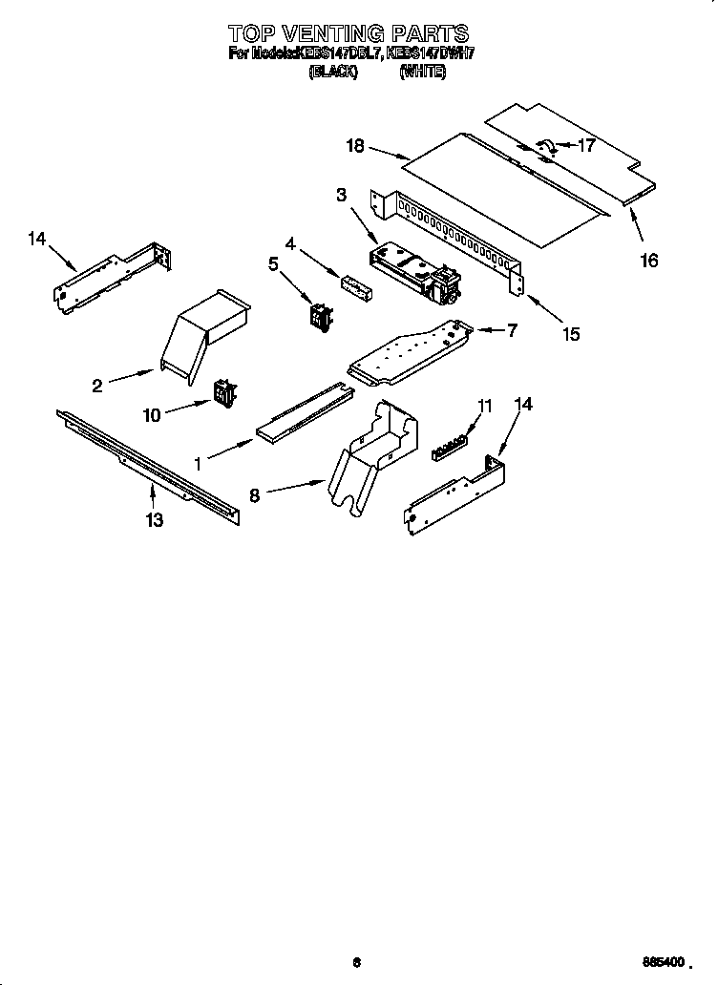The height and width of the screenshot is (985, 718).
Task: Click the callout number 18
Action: pyautogui.click(x=354, y=146)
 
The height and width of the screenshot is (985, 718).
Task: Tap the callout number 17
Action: pyautogui.click(x=586, y=146)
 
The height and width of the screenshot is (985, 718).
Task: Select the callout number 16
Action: pyautogui.click(x=648, y=261)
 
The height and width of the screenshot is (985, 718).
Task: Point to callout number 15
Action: pyautogui.click(x=570, y=334)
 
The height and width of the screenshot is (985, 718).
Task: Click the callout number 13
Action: pyautogui.click(x=154, y=520)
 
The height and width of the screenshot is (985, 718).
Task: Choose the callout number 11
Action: pyautogui.click(x=485, y=405)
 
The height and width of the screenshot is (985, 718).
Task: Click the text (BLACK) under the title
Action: pyautogui.click(x=333, y=72)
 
